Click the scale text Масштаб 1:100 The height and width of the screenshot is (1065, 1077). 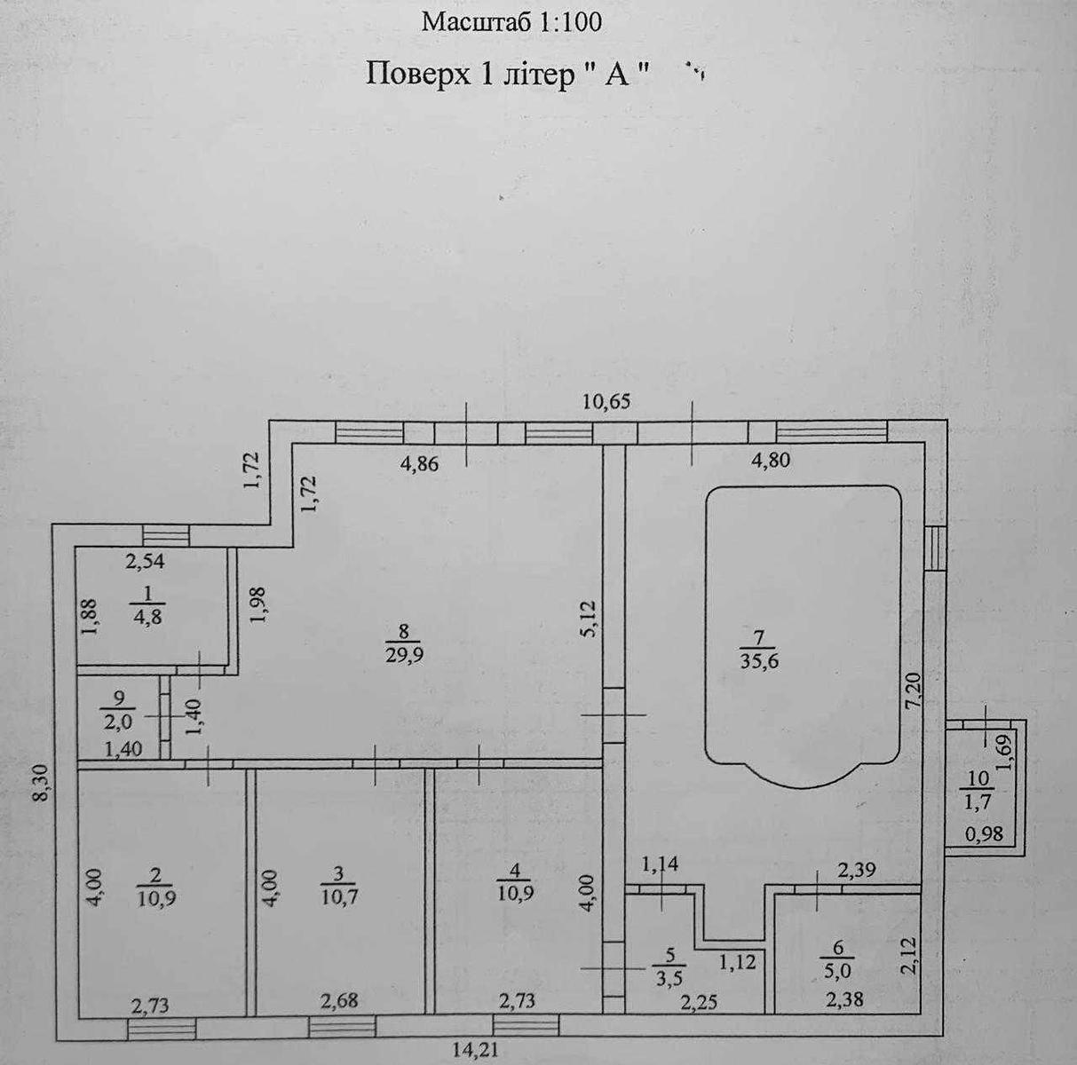pos(511,22)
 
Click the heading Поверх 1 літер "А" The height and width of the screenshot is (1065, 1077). pos(509,75)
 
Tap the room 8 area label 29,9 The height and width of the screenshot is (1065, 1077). pos(403,655)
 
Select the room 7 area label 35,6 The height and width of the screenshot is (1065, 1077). pos(759,661)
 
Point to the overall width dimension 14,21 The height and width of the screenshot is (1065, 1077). pos(474,1051)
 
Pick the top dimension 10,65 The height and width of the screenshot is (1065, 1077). pos(606,402)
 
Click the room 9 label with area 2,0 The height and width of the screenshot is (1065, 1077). pos(118,710)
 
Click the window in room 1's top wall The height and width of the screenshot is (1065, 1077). pos(166,536)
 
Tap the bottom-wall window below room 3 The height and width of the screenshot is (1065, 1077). pos(343,1027)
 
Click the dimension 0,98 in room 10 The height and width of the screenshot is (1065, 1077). pos(985,850)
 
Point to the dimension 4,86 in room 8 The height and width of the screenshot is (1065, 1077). pos(420,464)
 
